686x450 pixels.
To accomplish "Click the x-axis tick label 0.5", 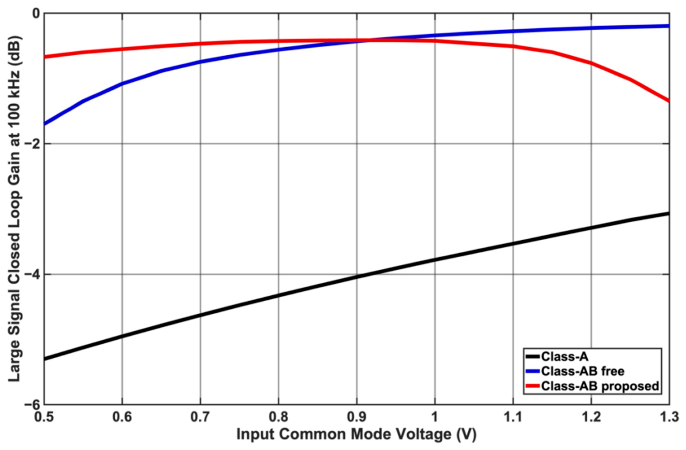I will coord(44,417).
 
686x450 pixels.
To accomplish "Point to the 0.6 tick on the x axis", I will coord(122,417).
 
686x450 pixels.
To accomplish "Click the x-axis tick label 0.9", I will coord(357,417).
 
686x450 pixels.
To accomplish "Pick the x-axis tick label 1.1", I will coord(513,417).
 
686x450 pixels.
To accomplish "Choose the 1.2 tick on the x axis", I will coord(591,417).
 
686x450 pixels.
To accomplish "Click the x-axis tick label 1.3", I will coord(669,417).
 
